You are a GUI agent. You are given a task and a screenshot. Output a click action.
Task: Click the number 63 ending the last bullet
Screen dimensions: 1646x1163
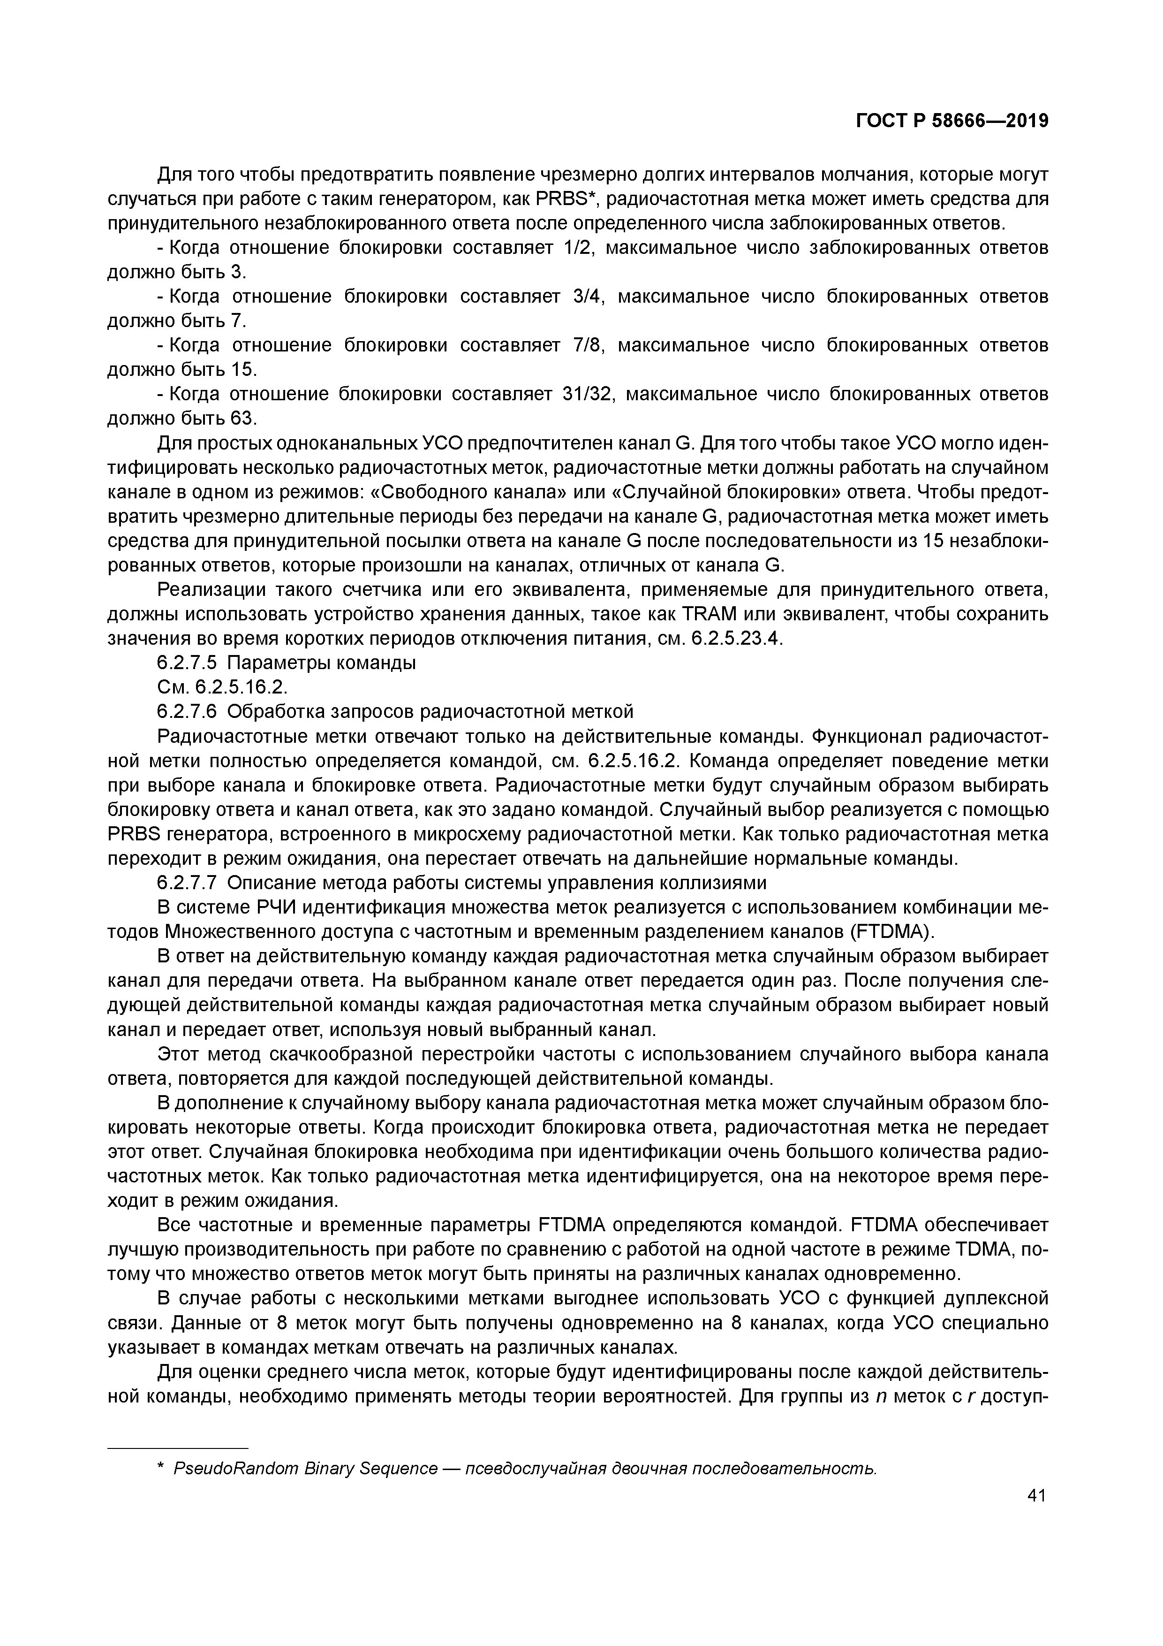coord(243,419)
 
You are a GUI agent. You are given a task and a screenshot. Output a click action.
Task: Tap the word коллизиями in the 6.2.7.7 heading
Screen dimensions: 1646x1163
coord(707,883)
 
